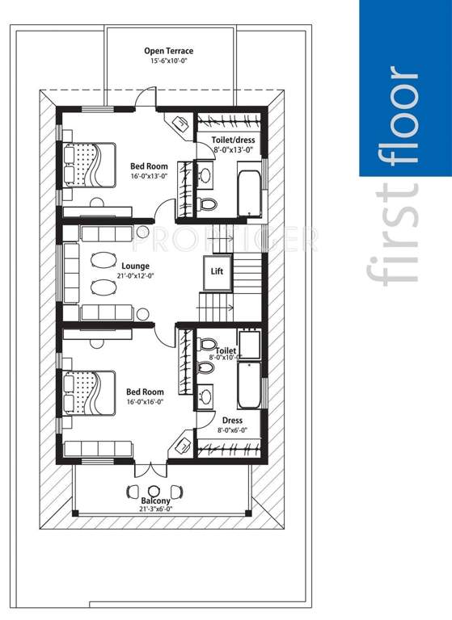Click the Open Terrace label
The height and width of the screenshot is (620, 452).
(x=169, y=51)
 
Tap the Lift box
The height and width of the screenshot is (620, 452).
(x=217, y=272)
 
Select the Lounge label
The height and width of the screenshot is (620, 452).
(x=136, y=265)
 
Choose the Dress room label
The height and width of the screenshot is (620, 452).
(x=232, y=421)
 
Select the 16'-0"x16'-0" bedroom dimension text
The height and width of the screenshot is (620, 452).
(x=146, y=402)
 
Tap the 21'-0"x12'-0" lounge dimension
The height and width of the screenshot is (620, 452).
(x=137, y=275)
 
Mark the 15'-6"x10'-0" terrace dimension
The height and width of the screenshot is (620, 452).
(x=169, y=61)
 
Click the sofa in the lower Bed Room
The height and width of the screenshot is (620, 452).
(x=99, y=448)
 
